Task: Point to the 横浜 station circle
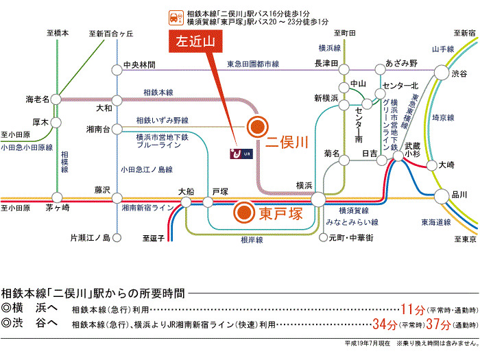(318, 199)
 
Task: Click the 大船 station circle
(186, 202)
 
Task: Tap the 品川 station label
(459, 195)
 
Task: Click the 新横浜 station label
(326, 98)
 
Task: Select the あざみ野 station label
(401, 63)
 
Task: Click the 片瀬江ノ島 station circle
(117, 238)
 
